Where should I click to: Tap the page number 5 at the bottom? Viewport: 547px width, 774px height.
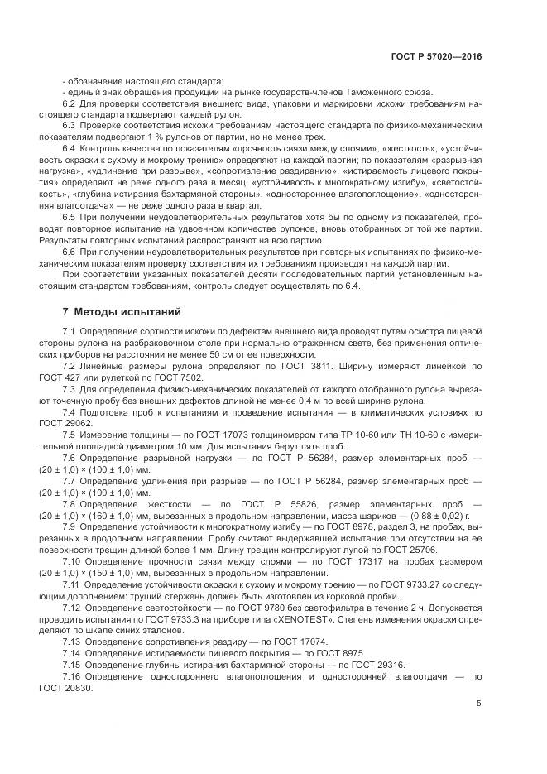[x=479, y=704]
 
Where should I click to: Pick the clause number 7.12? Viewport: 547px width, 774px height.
[x=72, y=607]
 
